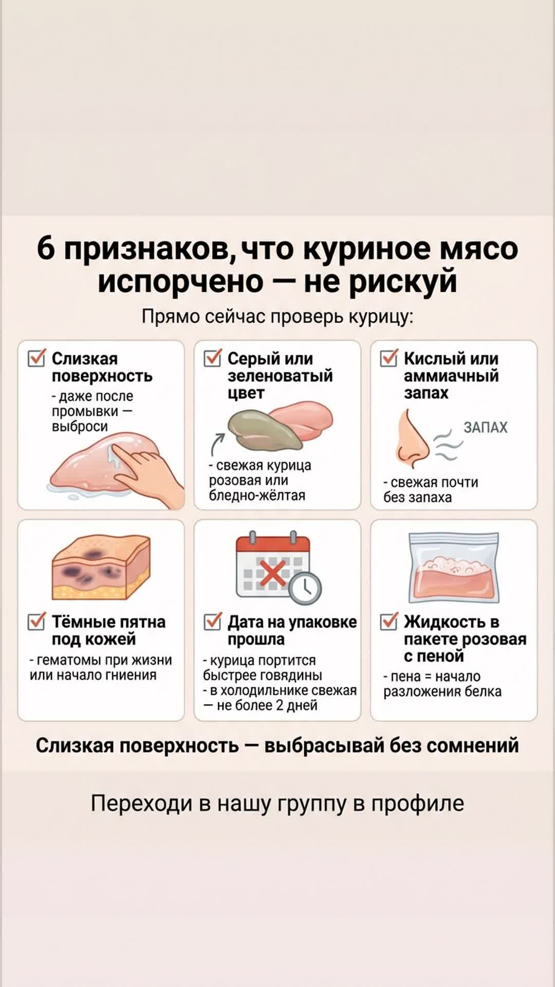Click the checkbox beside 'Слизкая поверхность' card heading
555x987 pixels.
[36, 358]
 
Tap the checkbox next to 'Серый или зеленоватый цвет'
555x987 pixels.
[213, 358]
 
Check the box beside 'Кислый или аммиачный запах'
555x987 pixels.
[389, 358]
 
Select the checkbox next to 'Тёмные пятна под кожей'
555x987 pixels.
[36, 622]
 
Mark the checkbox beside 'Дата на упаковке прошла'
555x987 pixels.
[213, 622]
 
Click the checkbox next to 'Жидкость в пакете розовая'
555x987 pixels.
[389, 622]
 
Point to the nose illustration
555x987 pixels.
[412, 440]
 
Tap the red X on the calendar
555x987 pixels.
[273, 573]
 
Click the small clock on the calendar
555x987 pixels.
[305, 588]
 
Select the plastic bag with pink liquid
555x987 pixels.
[454, 567]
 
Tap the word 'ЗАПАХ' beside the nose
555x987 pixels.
[485, 428]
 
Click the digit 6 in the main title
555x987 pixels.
[46, 249]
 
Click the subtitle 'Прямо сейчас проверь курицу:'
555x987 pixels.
[277, 317]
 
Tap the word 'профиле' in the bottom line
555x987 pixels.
[418, 803]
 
